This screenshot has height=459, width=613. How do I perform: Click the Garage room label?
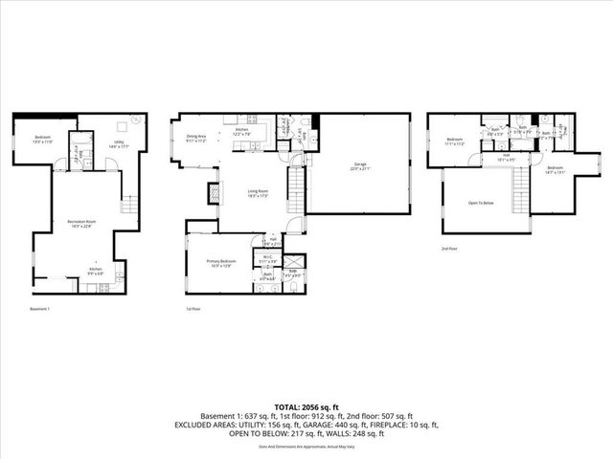pyautogui.click(x=360, y=166)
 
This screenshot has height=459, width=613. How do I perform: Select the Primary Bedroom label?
pyautogui.click(x=221, y=263)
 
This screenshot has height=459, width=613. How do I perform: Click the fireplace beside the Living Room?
pyautogui.click(x=205, y=194)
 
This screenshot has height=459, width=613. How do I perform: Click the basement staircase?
pyautogui.click(x=129, y=203)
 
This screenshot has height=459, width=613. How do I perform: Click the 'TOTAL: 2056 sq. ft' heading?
pyautogui.click(x=306, y=406)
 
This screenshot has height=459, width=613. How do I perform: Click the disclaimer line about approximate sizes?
pyautogui.click(x=306, y=446)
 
